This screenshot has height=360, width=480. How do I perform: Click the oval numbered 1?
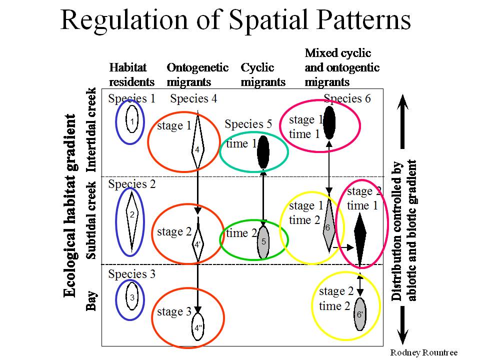coord(132,119)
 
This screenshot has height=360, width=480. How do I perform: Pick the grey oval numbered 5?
coord(263,242)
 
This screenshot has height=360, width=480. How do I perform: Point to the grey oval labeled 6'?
coord(360,314)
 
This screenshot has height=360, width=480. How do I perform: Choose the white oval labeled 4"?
coord(198,326)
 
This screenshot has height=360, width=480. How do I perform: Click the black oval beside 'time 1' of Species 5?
coord(263,152)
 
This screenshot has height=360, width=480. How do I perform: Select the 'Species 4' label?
coord(193,98)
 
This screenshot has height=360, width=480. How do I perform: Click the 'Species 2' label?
coord(132,184)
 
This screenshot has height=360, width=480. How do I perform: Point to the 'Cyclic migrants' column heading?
coord(263,74)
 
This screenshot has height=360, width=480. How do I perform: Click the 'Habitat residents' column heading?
coord(131,74)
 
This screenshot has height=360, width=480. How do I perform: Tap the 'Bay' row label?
coord(91,300)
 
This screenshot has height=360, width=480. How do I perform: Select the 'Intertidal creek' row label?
coord(91,130)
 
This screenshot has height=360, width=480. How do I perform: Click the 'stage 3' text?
coord(174,311)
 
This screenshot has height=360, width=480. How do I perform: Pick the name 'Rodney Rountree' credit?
coord(424,352)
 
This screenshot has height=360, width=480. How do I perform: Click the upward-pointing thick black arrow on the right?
coord(403,121)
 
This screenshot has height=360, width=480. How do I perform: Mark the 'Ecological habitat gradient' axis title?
coord(69,205)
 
